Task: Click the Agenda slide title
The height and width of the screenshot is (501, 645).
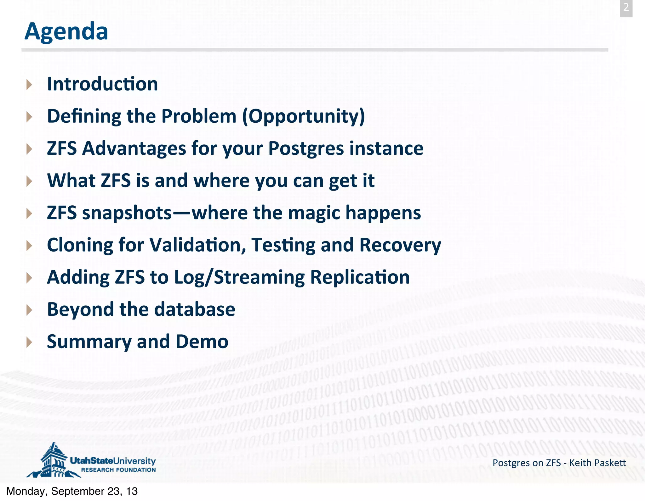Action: pyautogui.click(x=66, y=31)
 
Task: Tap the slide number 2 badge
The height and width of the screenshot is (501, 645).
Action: pyautogui.click(x=626, y=7)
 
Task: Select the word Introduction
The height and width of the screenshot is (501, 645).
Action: pyautogui.click(x=102, y=84)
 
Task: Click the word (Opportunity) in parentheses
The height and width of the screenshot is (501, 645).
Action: pyautogui.click(x=304, y=116)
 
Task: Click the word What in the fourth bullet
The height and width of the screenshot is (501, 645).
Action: pyautogui.click(x=71, y=181)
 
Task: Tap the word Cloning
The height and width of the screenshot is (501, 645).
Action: pyautogui.click(x=80, y=245)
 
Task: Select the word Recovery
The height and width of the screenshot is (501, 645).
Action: pyautogui.click(x=400, y=245)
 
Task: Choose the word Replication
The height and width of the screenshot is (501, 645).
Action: pyautogui.click(x=360, y=277)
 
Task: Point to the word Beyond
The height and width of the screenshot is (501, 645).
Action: pyautogui.click(x=80, y=309)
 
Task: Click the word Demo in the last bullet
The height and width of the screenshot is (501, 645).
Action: pyautogui.click(x=202, y=342)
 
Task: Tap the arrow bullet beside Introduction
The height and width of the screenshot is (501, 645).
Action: pyautogui.click(x=29, y=85)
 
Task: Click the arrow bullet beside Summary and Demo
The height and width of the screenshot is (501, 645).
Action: pyautogui.click(x=29, y=342)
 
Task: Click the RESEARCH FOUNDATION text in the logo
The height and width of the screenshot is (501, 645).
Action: pyautogui.click(x=118, y=470)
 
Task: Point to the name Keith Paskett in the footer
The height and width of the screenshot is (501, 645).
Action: pyautogui.click(x=597, y=463)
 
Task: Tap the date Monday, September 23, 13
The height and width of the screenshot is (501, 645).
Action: pyautogui.click(x=72, y=491)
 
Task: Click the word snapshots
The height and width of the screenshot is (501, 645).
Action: pyautogui.click(x=127, y=213)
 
